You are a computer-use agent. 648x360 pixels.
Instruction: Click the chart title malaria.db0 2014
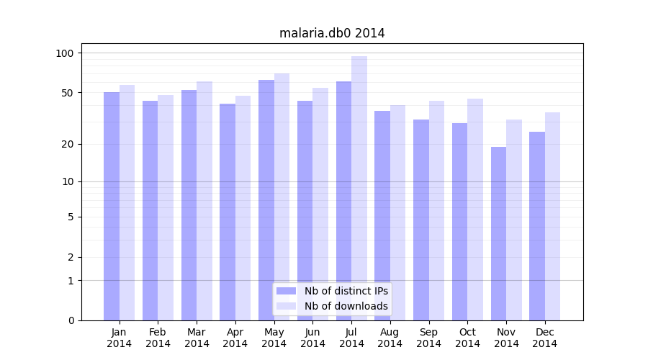[332, 33]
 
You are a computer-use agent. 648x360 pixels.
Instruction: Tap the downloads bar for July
[359, 188]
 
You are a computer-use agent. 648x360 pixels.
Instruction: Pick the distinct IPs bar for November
[498, 233]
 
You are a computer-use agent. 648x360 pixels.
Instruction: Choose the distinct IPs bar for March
[189, 205]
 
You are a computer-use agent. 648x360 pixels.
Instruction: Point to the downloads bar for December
[552, 216]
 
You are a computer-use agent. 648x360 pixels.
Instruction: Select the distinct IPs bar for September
[421, 220]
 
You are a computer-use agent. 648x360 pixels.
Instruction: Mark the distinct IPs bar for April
[228, 212]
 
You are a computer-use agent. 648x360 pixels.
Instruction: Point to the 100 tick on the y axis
[65, 53]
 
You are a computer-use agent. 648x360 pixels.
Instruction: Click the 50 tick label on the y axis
[67, 93]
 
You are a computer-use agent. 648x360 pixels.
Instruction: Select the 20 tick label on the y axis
[67, 144]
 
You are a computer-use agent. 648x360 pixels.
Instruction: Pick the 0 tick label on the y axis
[71, 320]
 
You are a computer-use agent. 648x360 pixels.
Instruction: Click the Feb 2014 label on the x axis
[158, 338]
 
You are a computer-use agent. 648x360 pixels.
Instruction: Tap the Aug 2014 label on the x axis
[390, 338]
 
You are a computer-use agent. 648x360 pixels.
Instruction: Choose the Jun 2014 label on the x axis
[312, 338]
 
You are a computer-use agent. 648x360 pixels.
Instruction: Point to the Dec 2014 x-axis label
[545, 338]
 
